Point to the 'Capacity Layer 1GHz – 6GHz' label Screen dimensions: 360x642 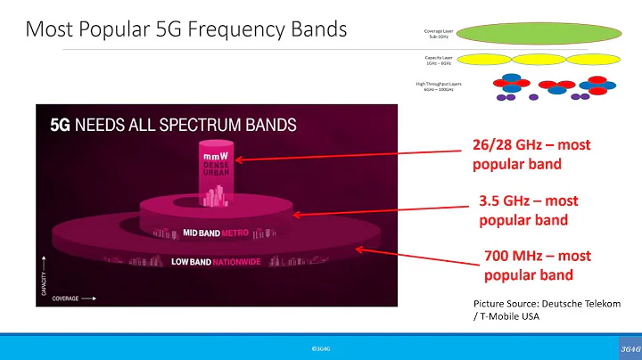[x=439, y=61]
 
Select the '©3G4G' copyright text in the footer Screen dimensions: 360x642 [x=322, y=348]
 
